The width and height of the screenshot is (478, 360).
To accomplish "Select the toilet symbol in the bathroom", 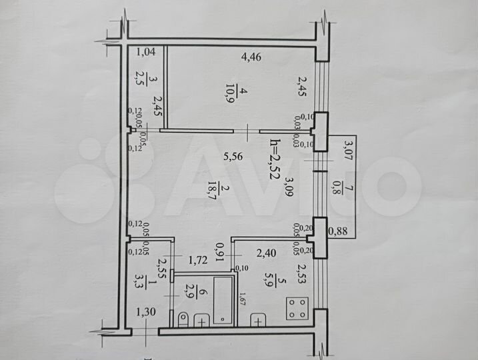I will (x=184, y=318).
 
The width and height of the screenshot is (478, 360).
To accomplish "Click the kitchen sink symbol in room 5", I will (x=257, y=321).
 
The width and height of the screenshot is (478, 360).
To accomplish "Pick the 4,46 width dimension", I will (x=251, y=57).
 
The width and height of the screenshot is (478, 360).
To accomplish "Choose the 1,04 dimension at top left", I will (x=146, y=52).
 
